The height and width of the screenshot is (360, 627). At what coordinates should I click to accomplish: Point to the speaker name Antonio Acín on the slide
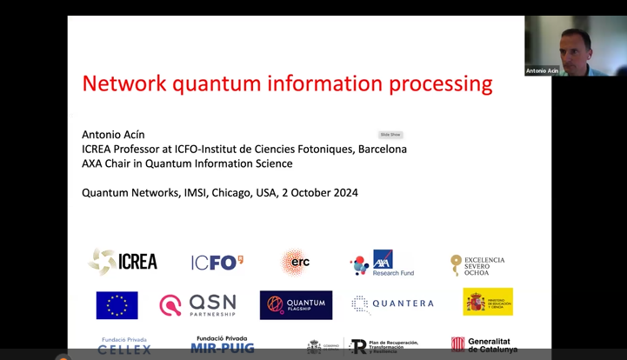pos(113,135)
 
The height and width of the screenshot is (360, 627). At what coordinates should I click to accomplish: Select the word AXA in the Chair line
pos(94,163)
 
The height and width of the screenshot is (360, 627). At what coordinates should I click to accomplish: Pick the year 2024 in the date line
pos(342,193)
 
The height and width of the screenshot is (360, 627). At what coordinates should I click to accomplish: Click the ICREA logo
pos(123,261)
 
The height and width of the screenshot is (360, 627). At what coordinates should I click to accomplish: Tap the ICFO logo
pos(217,262)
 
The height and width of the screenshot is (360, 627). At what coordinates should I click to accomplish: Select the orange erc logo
pos(295,262)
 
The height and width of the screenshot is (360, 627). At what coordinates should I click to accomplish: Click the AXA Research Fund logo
pos(382,263)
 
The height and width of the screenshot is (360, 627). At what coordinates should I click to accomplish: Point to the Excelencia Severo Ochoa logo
pos(477,264)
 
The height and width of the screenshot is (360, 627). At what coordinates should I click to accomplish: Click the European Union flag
pos(117,305)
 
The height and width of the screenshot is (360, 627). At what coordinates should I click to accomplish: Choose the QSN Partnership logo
pos(197,304)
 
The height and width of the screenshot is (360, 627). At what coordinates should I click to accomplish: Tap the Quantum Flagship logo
pos(296,304)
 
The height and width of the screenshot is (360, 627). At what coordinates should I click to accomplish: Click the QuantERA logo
pos(392,304)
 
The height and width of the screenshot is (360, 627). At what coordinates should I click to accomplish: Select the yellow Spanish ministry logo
pos(487,303)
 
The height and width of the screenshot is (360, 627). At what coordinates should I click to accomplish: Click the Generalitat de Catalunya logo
pos(484,345)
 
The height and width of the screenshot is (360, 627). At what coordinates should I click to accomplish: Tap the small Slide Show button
pos(390,135)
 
